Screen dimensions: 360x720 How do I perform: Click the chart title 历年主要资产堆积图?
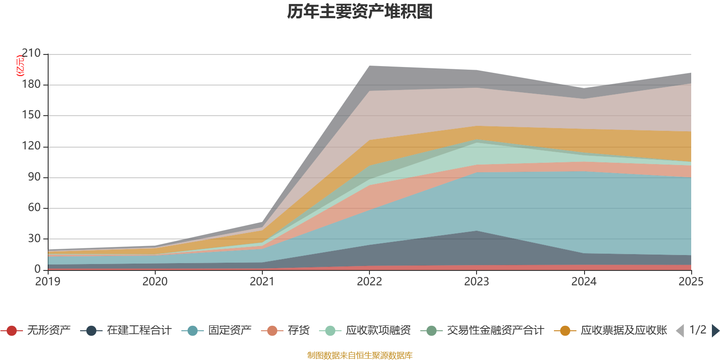point(360,12)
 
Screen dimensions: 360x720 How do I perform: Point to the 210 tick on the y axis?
point(31,54)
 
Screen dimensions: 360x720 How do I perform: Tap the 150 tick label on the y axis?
point(31,115)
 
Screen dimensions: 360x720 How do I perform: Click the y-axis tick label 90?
point(34,177)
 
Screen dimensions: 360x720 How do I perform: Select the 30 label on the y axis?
point(34,238)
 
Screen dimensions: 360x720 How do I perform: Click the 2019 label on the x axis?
point(48,282)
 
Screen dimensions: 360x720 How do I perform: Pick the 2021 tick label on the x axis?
point(262,282)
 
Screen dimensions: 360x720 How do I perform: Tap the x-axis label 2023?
point(477,282)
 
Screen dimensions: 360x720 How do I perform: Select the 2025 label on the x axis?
point(690,282)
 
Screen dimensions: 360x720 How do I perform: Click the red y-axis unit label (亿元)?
point(20,66)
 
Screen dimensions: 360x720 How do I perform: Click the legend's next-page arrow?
point(715,331)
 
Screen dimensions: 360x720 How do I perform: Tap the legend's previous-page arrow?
point(680,331)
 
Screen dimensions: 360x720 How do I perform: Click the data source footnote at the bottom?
point(360,355)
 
